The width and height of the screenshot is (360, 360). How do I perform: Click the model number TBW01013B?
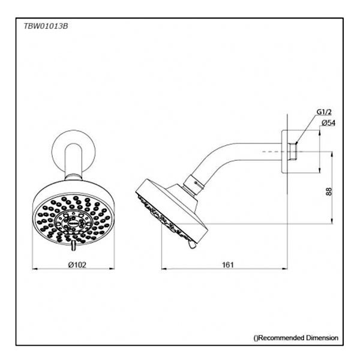pyautogui.click(x=46, y=26)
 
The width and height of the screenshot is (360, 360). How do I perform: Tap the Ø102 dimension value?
pyautogui.click(x=77, y=265)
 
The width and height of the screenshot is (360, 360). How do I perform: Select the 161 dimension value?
pyautogui.click(x=228, y=265)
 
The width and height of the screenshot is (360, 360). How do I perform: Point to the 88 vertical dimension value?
pyautogui.click(x=329, y=191)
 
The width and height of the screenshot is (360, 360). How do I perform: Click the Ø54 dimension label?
pyautogui.click(x=328, y=123)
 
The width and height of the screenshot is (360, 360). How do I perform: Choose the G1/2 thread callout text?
pyautogui.click(x=324, y=112)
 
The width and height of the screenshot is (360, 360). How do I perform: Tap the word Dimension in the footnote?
pyautogui.click(x=322, y=338)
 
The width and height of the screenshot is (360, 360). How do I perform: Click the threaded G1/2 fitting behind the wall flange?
pyautogui.click(x=293, y=152)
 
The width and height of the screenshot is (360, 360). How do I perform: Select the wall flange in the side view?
pyautogui.click(x=284, y=152)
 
